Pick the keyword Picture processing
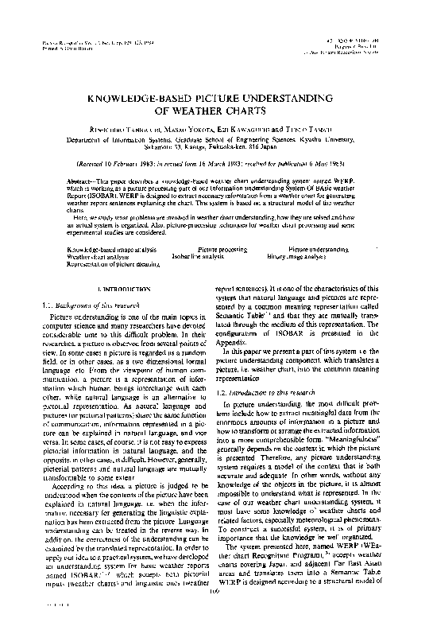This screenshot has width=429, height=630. tap(222, 250)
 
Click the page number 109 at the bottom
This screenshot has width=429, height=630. tap(213, 612)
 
